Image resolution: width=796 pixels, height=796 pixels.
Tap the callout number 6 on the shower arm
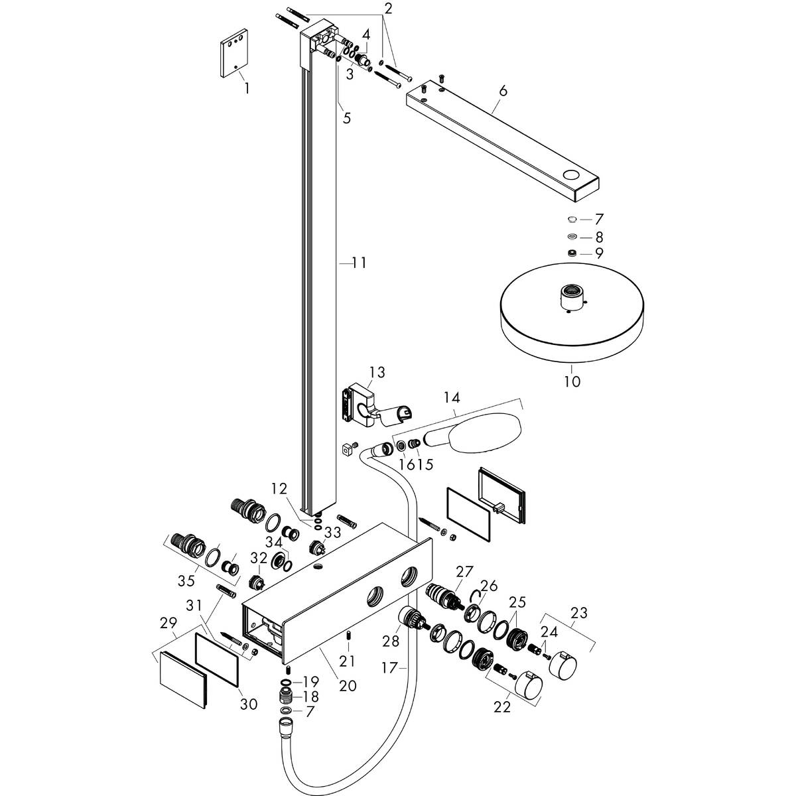point(502,91)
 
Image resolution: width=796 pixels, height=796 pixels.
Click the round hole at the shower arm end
point(571,176)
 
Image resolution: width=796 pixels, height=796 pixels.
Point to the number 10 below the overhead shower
point(572,381)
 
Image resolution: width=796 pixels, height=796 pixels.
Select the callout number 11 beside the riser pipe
point(359,263)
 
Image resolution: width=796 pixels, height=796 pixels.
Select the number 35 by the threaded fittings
point(186,580)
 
